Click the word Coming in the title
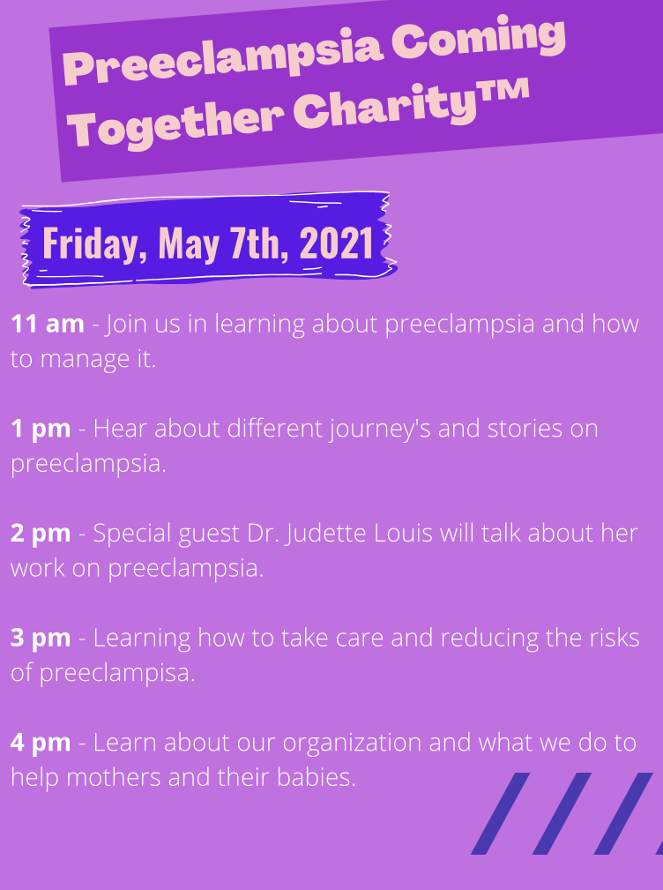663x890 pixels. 478,41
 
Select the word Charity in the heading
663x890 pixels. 384,106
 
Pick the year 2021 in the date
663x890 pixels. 336,243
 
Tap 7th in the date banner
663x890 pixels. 259,243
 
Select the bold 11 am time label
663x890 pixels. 47,324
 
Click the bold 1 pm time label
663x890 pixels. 41,429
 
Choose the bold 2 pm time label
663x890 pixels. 41,534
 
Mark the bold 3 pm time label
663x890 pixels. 41,639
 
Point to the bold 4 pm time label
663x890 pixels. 41,743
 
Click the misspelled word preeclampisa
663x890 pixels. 117,674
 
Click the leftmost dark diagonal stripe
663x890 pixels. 501,812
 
